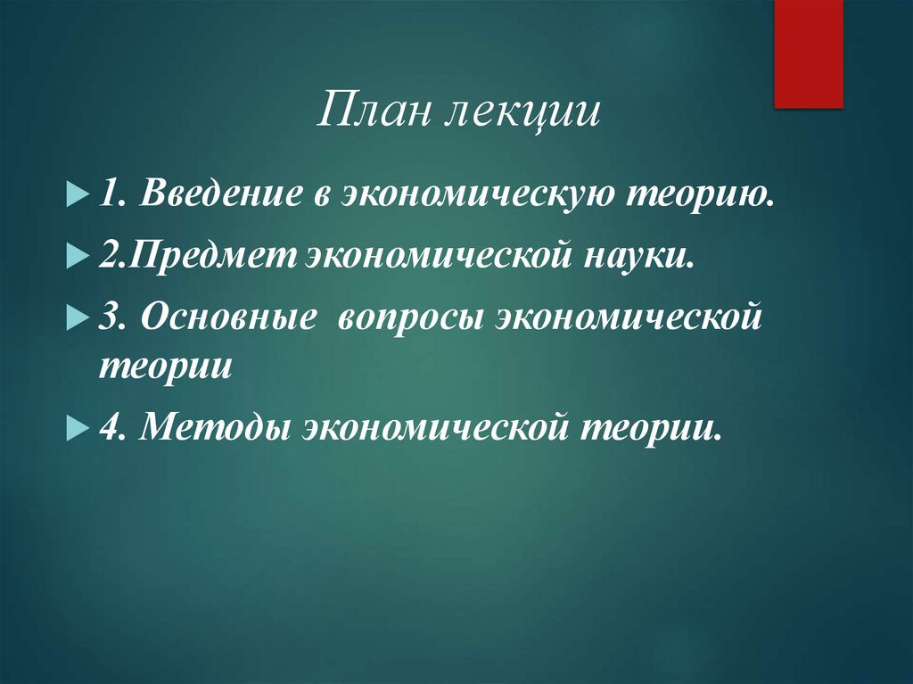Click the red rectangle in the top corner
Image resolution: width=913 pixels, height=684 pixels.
point(808,54)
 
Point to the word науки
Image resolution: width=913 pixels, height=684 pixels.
point(640,256)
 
